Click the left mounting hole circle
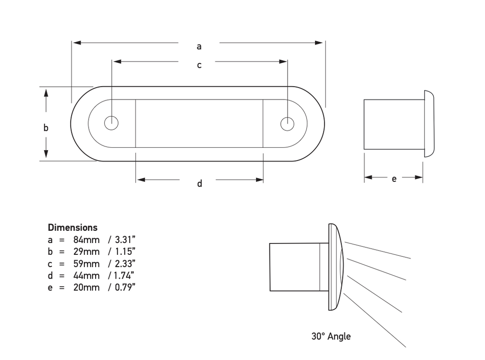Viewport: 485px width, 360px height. coord(111,123)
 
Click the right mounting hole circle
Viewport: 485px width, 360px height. coord(287,123)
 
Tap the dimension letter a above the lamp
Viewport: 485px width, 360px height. coord(199,46)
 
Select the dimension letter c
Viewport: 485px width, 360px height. coord(199,65)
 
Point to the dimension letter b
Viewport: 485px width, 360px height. coord(46,127)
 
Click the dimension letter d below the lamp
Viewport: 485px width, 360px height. coord(199,183)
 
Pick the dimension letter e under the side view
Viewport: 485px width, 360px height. coord(394,179)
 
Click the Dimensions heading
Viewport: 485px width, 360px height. coord(72,227)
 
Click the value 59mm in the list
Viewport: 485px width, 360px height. coord(87,263)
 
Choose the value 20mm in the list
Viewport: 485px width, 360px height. coord(87,287)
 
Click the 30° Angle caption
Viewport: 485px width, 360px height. coord(331,336)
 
